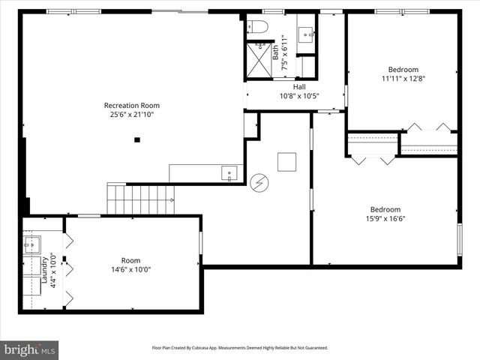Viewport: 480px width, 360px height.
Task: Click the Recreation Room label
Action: (131, 106)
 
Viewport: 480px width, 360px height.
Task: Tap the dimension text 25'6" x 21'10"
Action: (131, 115)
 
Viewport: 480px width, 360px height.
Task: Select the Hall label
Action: (277, 86)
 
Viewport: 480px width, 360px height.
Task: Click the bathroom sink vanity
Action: (306, 33)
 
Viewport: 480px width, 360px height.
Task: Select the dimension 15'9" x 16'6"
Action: (385, 219)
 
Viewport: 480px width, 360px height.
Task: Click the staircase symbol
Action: (142, 199)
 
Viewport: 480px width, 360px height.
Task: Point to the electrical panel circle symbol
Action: (259, 181)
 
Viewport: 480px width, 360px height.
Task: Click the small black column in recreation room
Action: (137, 139)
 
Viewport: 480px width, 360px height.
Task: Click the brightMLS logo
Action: (29, 349)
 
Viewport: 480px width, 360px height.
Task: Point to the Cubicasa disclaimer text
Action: (240, 348)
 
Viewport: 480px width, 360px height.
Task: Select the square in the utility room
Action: (286, 162)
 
